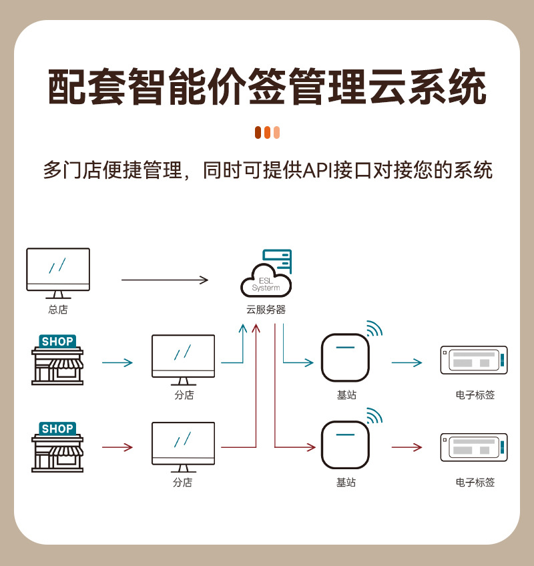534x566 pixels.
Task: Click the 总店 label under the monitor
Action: (58, 310)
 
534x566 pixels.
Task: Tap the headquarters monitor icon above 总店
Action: (58, 270)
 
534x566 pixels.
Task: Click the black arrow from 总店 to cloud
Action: (165, 280)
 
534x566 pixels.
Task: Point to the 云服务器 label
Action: (266, 310)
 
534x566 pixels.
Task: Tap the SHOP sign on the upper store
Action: (57, 341)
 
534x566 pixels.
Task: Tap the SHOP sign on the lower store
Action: (57, 429)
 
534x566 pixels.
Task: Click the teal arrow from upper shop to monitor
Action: (117, 363)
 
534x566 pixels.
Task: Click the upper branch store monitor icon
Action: (183, 356)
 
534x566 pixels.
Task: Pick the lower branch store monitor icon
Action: (183, 443)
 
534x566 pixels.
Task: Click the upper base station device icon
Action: (345, 357)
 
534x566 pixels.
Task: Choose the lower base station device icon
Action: (345, 445)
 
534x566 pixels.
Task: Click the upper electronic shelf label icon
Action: (475, 360)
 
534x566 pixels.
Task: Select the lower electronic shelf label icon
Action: (475, 448)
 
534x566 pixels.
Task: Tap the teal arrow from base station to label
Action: (407, 363)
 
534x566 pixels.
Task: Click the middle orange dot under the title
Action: (267, 132)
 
